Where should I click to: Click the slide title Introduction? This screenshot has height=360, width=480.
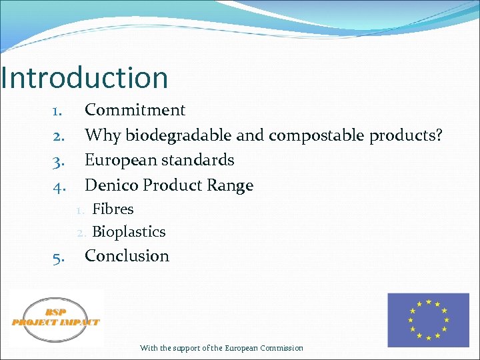(x=84, y=78)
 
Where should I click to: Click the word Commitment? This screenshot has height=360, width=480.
(x=135, y=110)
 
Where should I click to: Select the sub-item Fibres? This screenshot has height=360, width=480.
(x=113, y=209)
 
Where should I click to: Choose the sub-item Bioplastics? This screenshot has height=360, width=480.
(x=129, y=232)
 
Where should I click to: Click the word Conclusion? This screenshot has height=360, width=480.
(x=127, y=256)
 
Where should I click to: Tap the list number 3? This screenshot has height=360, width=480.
(x=58, y=161)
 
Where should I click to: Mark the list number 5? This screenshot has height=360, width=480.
(x=58, y=257)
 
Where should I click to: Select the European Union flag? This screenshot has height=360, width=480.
(x=428, y=319)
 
